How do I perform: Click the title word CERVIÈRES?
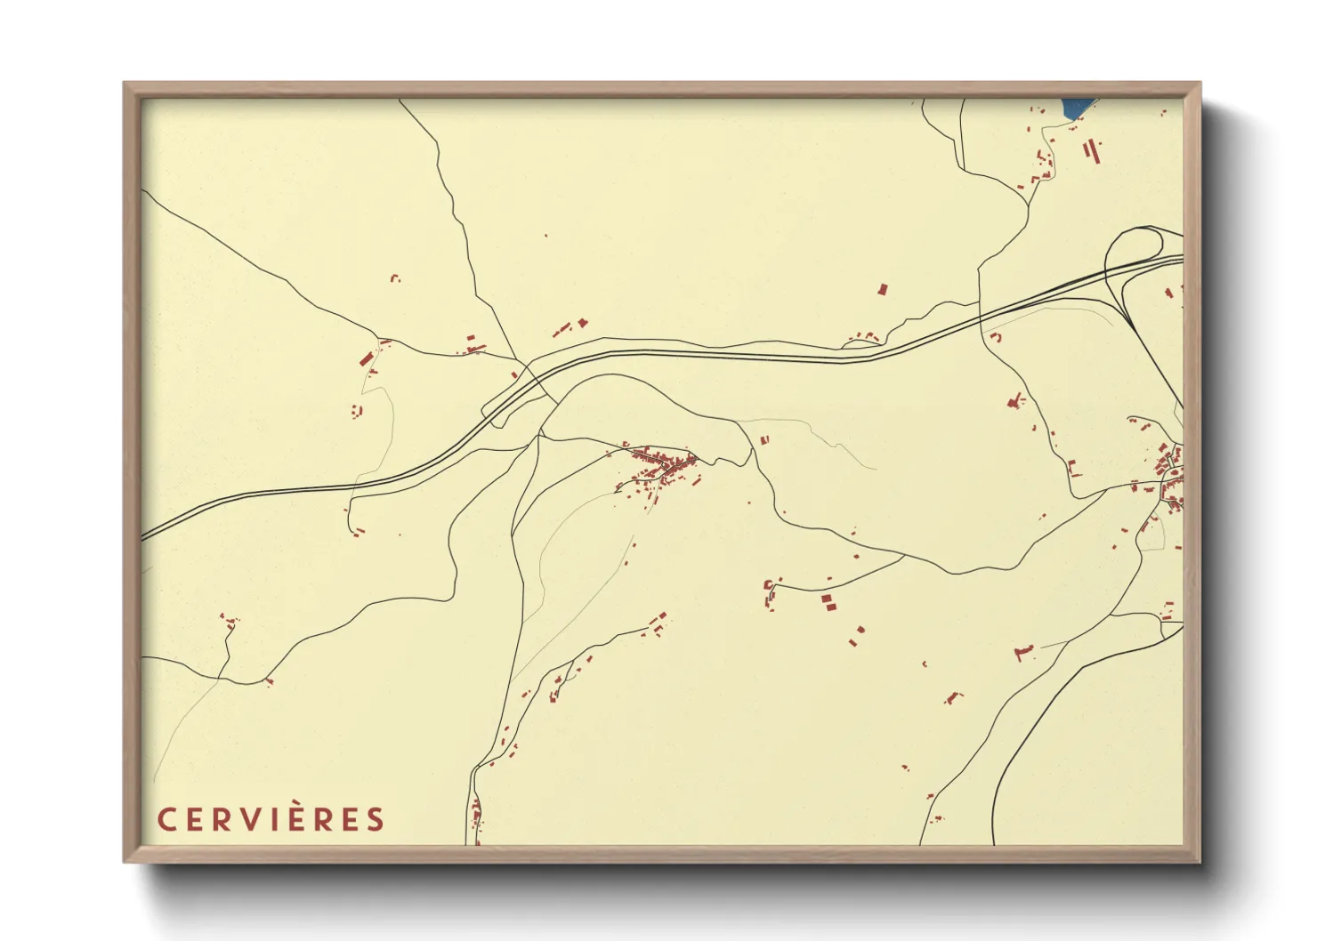point(271,819)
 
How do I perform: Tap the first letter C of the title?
point(166,819)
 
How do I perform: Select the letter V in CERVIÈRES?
point(245,819)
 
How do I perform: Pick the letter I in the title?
point(271,819)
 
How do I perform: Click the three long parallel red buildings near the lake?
point(1091,149)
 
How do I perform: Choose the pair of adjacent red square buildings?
point(829,602)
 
